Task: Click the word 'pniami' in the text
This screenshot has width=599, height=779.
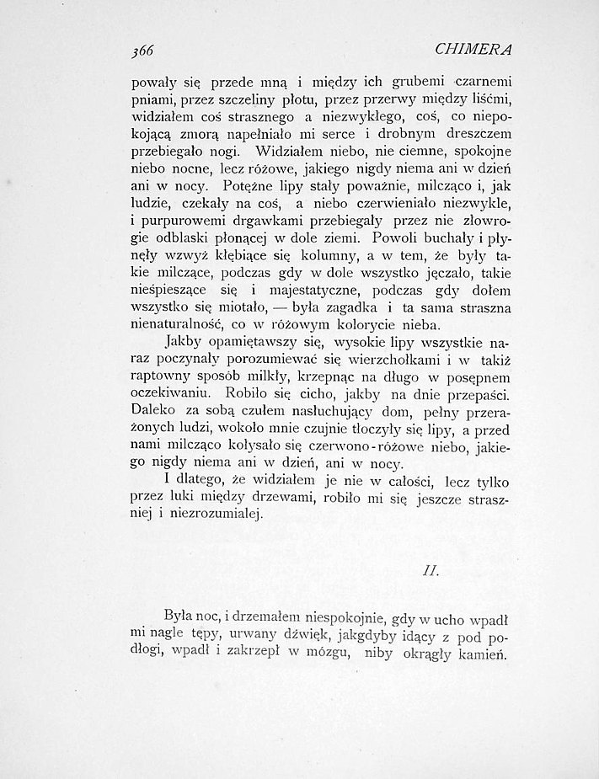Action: pyautogui.click(x=152, y=102)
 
